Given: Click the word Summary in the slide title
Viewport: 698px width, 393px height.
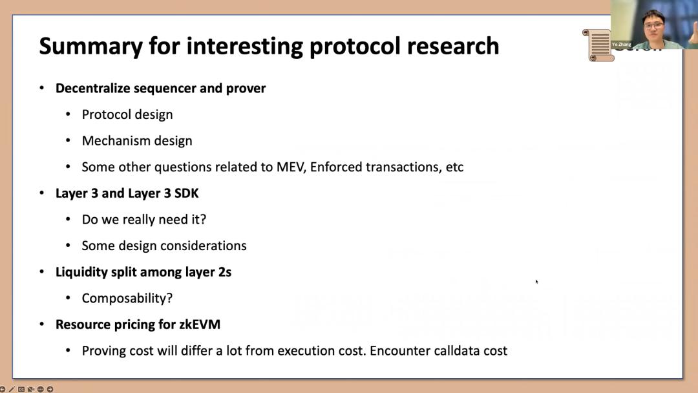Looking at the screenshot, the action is click(x=91, y=47).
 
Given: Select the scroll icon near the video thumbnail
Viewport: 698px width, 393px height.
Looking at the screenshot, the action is click(x=597, y=45).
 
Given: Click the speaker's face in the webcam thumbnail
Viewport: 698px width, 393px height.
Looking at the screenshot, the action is click(x=653, y=27).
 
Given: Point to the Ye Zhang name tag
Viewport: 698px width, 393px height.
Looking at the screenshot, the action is click(x=622, y=45).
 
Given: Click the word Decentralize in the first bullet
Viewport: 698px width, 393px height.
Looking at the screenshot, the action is click(x=92, y=88).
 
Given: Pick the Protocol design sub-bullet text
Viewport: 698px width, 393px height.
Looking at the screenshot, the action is click(x=127, y=115).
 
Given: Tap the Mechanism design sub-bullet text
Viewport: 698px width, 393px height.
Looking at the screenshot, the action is click(x=137, y=141).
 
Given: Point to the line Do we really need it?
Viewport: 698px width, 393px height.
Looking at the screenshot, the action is click(x=143, y=219).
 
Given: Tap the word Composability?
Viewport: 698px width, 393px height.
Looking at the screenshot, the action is click(x=127, y=299).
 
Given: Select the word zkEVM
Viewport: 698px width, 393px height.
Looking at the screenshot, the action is click(x=200, y=324).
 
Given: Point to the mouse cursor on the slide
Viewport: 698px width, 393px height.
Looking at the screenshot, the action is click(x=537, y=281).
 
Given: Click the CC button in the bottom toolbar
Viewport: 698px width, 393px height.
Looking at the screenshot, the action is click(x=21, y=389).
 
